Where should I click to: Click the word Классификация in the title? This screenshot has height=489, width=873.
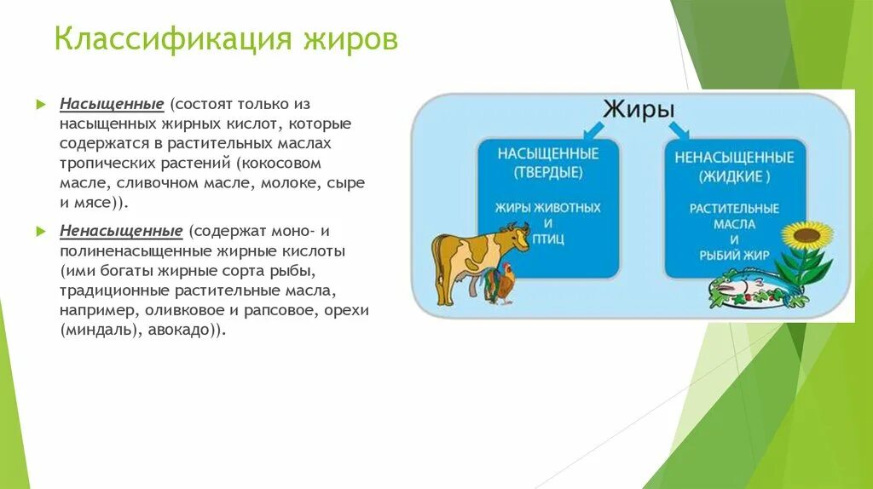click(172, 39)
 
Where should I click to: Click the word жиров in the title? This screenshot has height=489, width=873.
click(350, 39)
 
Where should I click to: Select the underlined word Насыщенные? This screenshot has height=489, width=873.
click(112, 104)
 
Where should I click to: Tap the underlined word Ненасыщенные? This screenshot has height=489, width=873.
click(121, 231)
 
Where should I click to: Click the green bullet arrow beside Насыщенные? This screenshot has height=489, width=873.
click(41, 104)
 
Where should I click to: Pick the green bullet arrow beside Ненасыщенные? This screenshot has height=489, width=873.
click(41, 231)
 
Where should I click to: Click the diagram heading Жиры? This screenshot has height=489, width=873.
click(639, 110)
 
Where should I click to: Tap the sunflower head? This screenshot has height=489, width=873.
click(807, 237)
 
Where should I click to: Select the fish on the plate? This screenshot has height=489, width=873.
click(741, 285)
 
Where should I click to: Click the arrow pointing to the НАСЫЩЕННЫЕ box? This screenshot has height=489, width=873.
click(593, 131)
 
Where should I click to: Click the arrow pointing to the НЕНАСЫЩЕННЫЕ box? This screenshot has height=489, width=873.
click(679, 130)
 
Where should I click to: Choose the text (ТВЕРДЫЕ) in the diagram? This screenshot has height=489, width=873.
click(548, 172)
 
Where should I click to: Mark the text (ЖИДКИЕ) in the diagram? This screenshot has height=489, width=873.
click(734, 177)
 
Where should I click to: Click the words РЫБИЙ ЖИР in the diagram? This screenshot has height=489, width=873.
click(734, 256)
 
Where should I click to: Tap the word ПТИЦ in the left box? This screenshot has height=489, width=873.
click(548, 239)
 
